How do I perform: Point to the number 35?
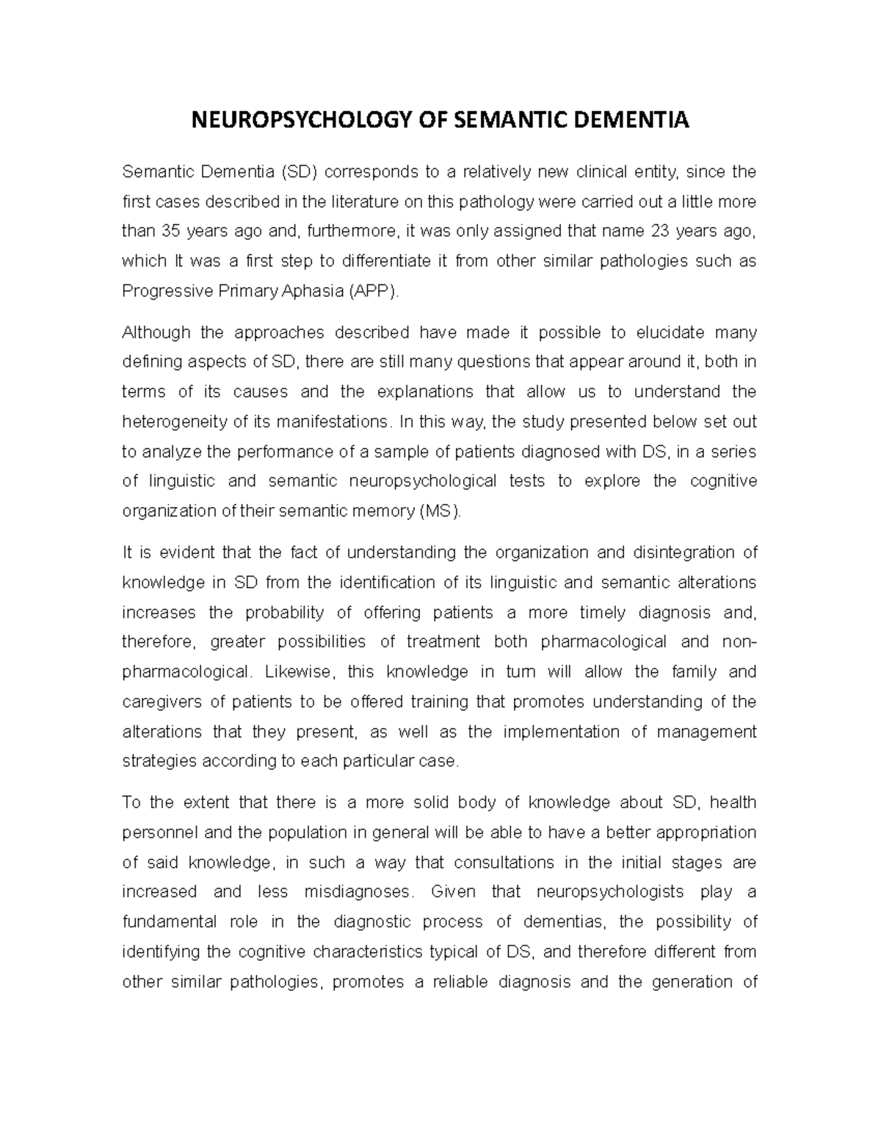(170, 231)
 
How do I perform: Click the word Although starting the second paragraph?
(156, 333)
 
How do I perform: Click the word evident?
(186, 552)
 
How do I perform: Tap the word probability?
(284, 612)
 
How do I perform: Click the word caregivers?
(161, 702)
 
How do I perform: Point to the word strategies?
(155, 761)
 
